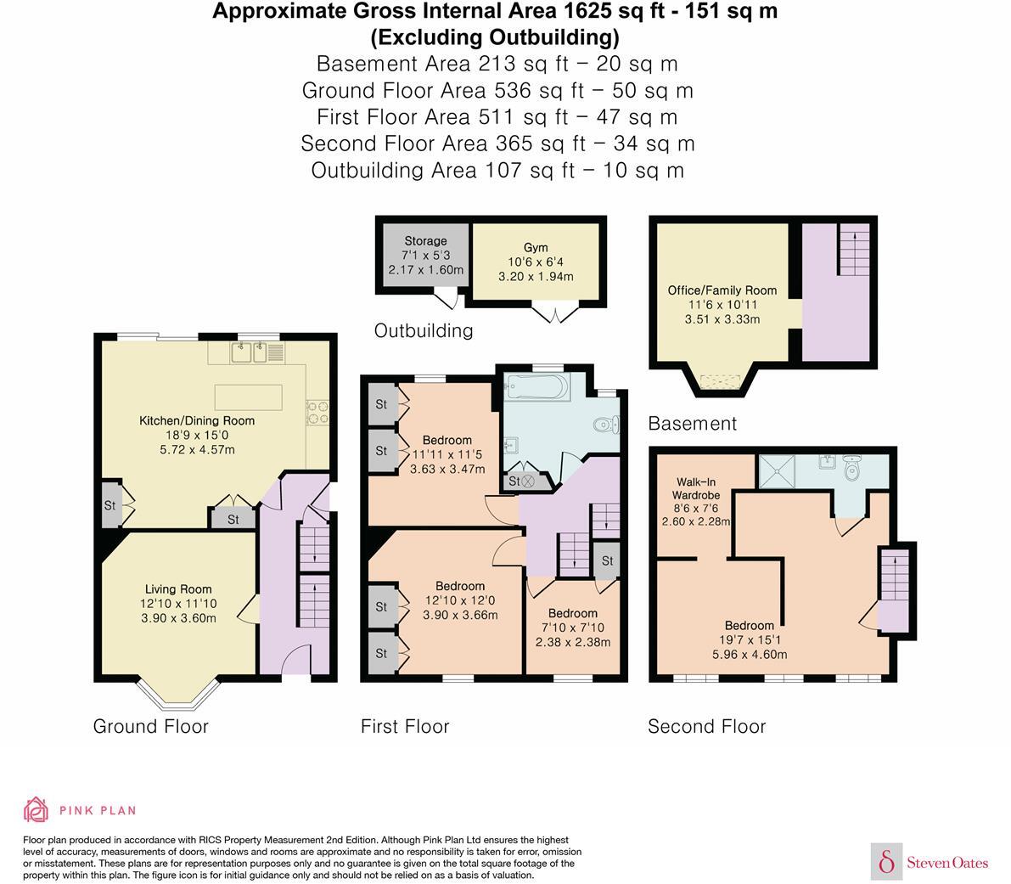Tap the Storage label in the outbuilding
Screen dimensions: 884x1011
[x=425, y=241]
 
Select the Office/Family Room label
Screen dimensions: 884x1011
[x=722, y=290]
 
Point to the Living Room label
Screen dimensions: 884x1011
[x=178, y=589]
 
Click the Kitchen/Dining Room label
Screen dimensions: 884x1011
[x=197, y=420]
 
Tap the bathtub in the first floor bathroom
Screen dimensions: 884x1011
[x=536, y=389]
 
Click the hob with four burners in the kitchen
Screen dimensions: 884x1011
[x=318, y=412]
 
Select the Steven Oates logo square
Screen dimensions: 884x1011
[x=887, y=862]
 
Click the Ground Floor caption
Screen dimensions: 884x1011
[x=150, y=726]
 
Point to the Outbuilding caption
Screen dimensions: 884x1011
[x=424, y=330]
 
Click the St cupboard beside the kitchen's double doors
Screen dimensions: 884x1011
[x=233, y=519]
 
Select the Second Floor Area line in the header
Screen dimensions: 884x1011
[x=497, y=144]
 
